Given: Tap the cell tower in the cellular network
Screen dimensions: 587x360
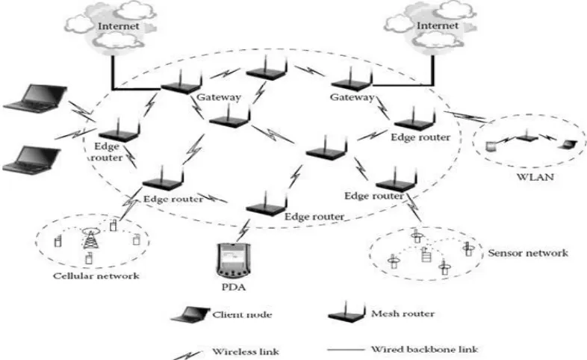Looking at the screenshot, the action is tap(90, 239).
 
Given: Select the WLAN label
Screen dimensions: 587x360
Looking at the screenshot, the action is tap(535, 176).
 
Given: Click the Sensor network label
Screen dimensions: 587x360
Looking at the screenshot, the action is tap(528, 253).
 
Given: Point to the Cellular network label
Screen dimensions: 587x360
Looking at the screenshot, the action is tap(96, 276).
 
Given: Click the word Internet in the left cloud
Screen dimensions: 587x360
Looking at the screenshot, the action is tap(118, 26).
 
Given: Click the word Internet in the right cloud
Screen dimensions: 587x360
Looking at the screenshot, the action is tap(437, 25).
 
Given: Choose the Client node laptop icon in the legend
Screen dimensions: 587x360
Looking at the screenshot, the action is tap(190, 314).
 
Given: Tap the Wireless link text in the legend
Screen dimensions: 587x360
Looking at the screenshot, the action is tap(246, 352).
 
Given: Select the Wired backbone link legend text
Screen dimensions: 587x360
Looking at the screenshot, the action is tap(424, 350).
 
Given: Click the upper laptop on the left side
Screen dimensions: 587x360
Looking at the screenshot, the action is tap(36, 99).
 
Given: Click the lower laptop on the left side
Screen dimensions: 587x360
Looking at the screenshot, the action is tap(31, 160).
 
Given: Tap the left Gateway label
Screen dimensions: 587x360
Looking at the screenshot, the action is tap(219, 97).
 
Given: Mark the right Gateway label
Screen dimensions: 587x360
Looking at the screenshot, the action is tap(352, 97).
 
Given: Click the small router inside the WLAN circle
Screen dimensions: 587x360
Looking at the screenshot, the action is tap(527, 136).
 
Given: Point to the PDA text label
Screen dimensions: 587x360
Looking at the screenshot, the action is tap(234, 288).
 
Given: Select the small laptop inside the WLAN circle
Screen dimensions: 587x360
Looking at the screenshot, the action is tap(567, 144).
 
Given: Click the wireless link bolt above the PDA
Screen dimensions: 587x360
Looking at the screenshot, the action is tap(243, 231).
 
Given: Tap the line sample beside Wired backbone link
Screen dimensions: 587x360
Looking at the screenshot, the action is tap(346, 350).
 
